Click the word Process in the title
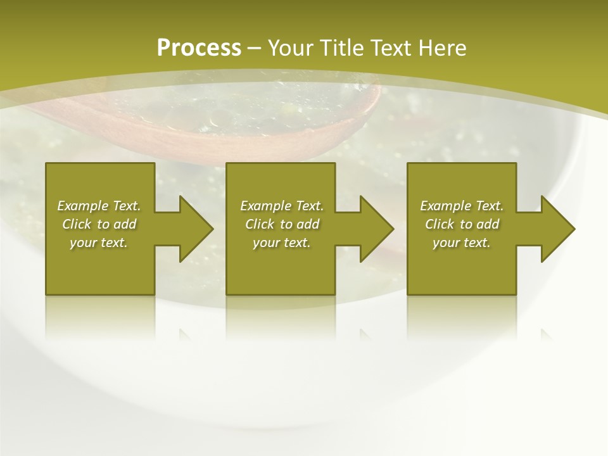coord(199,48)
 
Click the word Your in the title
coord(291,48)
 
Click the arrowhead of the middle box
coord(376,229)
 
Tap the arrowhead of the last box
coord(557,229)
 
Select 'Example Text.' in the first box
coord(99,206)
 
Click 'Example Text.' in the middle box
coord(282,206)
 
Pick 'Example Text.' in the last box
coord(462,206)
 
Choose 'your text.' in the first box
coord(99,243)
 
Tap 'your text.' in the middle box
coord(282,243)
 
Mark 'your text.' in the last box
coord(462,243)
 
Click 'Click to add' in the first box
coord(99,224)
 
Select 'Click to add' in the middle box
coord(282,224)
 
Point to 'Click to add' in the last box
coord(462,224)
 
